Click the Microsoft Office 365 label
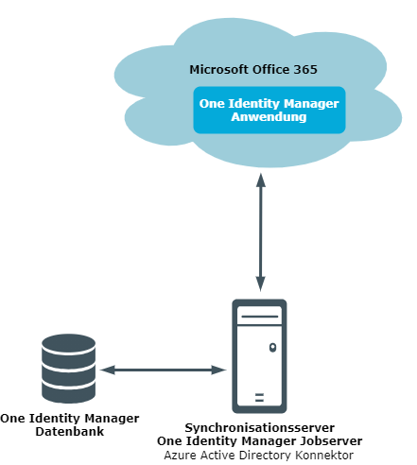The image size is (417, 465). (x=253, y=70)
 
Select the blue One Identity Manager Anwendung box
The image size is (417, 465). (x=269, y=110)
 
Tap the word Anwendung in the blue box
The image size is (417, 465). (x=269, y=117)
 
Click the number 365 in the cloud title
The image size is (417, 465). (x=305, y=70)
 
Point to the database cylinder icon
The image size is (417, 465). (x=68, y=369)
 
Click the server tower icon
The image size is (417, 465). (x=259, y=356)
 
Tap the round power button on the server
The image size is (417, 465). (x=273, y=348)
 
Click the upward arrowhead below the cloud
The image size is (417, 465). (x=261, y=181)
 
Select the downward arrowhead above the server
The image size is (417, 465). (x=261, y=284)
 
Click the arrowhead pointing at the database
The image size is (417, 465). (x=108, y=370)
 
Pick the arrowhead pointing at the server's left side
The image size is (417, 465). (x=218, y=370)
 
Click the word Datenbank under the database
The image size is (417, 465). (x=70, y=432)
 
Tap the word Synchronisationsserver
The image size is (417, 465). (x=260, y=428)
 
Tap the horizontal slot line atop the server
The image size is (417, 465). (x=259, y=317)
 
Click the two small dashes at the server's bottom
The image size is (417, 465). (x=259, y=398)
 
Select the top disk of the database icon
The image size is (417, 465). (x=68, y=344)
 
